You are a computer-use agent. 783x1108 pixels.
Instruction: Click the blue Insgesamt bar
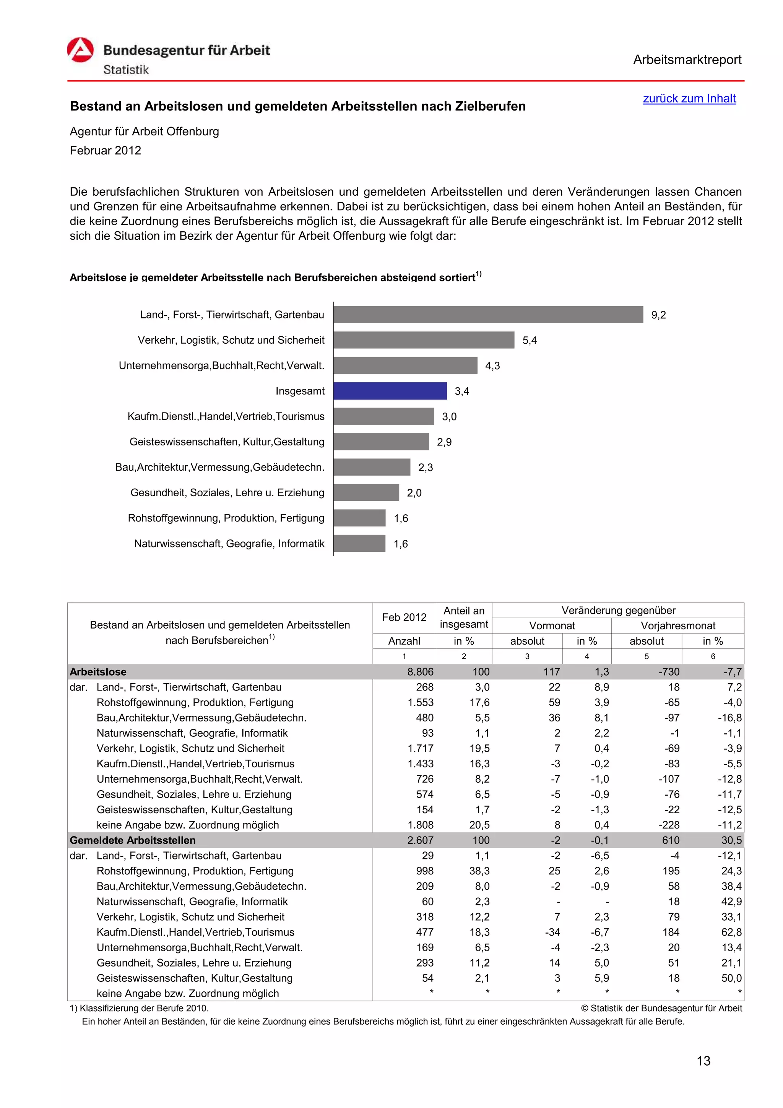click(390, 391)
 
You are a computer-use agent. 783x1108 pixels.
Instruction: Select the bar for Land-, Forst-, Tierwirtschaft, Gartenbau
click(488, 315)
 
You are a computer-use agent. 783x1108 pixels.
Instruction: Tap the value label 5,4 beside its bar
click(529, 341)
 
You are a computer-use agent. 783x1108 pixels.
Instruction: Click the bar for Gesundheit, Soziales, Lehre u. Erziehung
click(366, 493)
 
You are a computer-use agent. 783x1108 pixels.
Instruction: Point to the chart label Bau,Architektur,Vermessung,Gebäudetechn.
click(219, 468)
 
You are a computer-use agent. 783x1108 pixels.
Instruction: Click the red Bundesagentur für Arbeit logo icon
click(80, 50)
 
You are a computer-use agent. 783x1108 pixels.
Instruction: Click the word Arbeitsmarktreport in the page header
click(687, 60)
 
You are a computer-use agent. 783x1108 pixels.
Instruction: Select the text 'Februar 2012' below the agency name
click(105, 151)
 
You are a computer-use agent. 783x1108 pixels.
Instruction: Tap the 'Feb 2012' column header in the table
click(404, 617)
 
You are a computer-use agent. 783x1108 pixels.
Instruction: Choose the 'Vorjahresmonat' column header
click(677, 626)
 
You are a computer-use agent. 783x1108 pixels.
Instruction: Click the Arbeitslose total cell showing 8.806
click(420, 672)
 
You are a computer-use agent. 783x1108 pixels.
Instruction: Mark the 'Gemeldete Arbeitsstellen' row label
click(133, 840)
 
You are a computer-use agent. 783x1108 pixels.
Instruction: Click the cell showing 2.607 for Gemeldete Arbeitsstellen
click(420, 840)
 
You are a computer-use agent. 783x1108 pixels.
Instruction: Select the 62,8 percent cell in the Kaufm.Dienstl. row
click(731, 933)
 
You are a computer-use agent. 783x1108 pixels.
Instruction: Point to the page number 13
click(703, 1061)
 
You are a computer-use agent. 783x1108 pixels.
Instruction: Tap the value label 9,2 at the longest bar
click(658, 315)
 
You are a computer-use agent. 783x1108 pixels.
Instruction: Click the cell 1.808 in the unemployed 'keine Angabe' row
click(420, 825)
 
